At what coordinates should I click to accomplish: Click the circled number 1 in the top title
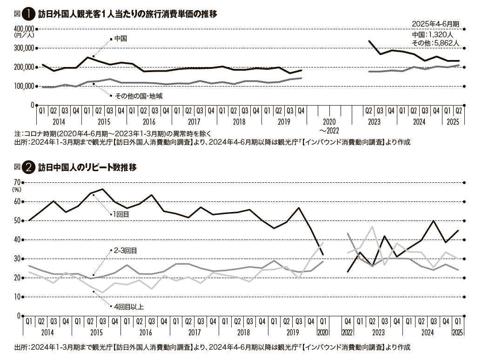pos(29,14)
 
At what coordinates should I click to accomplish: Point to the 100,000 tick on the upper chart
pos(24,86)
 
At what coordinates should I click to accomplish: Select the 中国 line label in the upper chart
pos(120,39)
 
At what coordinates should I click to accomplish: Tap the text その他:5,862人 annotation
pos(435,43)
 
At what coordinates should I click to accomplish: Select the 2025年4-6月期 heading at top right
pos(435,24)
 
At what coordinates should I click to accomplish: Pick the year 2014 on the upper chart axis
pos(59,122)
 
